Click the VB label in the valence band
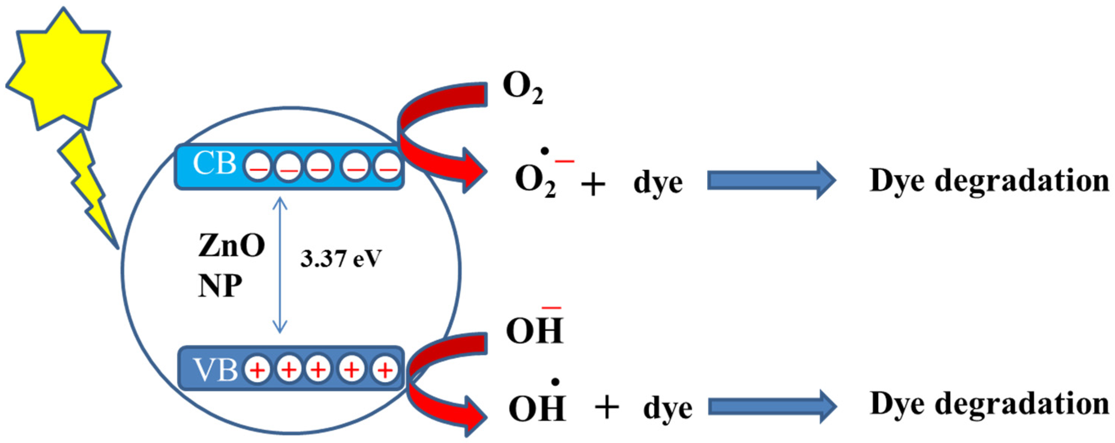[x=216, y=370]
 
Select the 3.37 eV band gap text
[x=341, y=260]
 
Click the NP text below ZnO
[x=220, y=286]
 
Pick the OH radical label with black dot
[x=537, y=407]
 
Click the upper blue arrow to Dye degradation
[x=771, y=180]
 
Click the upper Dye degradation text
[x=989, y=181]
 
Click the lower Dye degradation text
[x=989, y=404]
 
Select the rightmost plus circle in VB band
[x=385, y=370]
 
